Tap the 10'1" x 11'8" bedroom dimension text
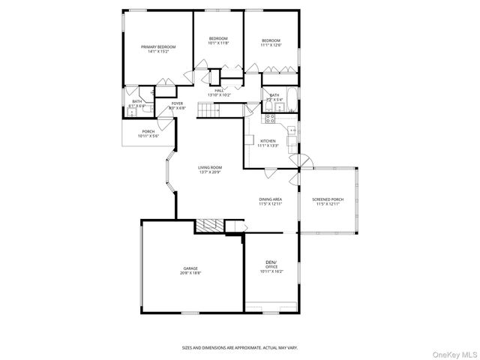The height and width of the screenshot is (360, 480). tap(218, 43)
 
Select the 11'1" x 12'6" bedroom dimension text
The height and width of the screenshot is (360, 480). tap(271, 45)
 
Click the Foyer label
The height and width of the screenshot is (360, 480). tap(177, 103)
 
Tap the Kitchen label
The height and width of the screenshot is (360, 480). tap(268, 141)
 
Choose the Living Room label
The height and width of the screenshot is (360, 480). tap(210, 167)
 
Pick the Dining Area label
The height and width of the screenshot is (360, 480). tap(270, 199)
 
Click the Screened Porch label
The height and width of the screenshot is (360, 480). tap(328, 199)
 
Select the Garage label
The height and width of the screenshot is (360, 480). tap(190, 268)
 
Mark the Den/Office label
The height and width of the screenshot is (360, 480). tap(271, 264)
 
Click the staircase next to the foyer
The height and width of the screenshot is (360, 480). tap(220, 111)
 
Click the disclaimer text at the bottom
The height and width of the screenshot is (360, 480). tap(239, 347)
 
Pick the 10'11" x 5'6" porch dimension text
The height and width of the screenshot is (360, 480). tap(148, 136)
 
